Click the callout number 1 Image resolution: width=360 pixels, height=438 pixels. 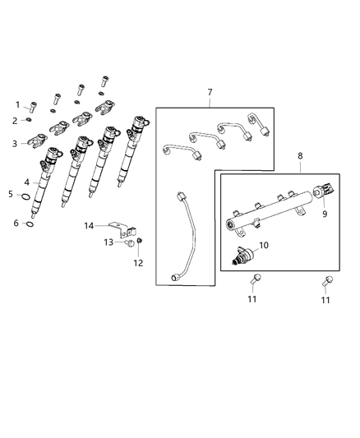tap(17, 104)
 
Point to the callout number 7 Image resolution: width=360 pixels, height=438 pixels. tap(209, 93)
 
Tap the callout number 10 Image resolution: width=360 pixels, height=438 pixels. tap(264, 245)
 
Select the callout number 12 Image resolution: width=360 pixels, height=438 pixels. tap(138, 262)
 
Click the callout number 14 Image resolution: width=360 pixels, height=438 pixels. tap(90, 224)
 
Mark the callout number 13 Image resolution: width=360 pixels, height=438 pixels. tap(108, 242)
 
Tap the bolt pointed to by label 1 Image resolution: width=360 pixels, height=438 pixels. tap(34, 105)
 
